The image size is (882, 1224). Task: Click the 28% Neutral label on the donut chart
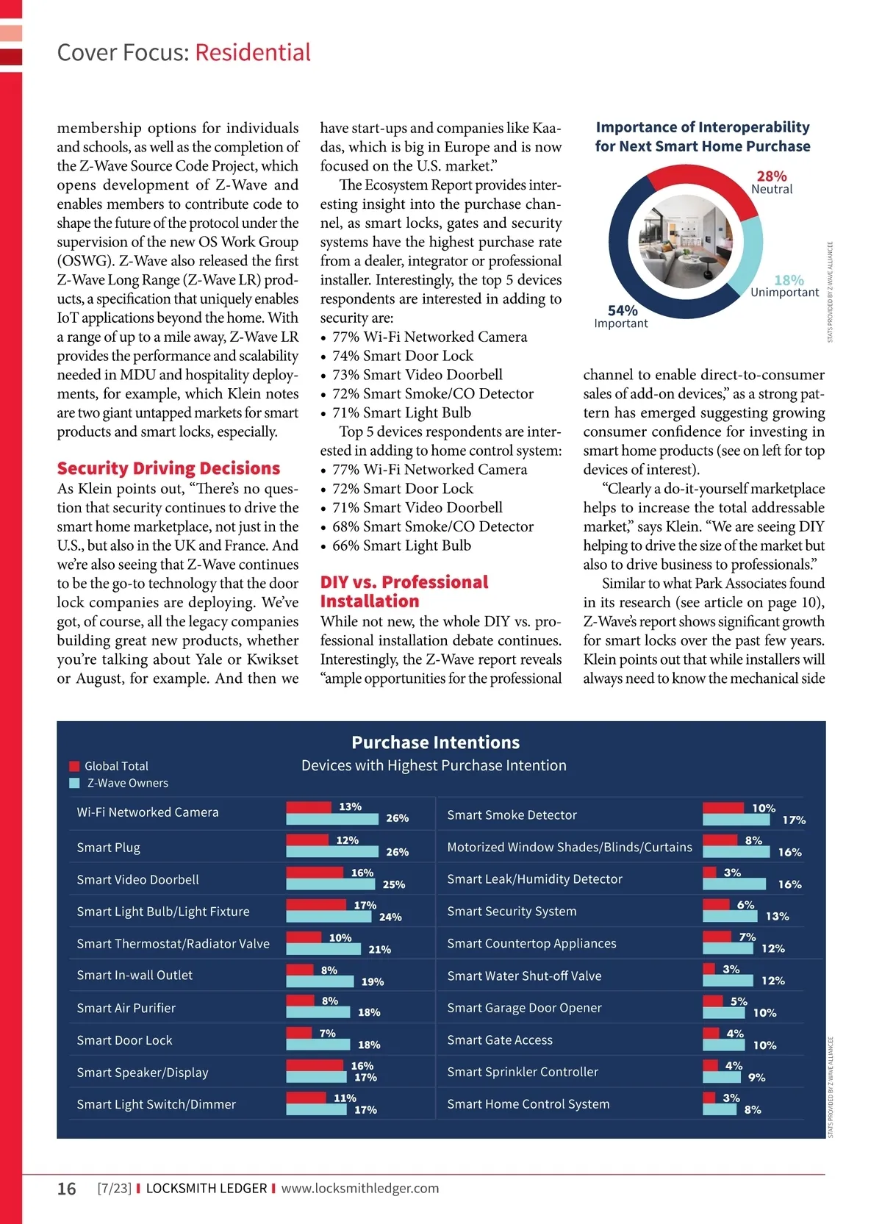click(772, 182)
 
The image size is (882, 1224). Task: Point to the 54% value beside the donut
click(623, 310)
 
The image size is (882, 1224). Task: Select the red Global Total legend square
click(74, 766)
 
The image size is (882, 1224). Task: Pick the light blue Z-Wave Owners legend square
click(74, 783)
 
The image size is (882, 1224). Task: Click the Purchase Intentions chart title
click(435, 742)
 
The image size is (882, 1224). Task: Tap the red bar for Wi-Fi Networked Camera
click(309, 806)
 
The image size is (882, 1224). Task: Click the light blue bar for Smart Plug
click(334, 851)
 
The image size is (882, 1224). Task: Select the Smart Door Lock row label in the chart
click(124, 1040)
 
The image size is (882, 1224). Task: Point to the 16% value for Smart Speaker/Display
click(362, 1065)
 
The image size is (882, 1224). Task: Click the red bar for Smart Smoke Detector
click(724, 808)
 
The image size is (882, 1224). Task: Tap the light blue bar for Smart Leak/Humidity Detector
click(734, 884)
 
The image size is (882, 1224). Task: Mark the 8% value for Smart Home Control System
click(753, 1109)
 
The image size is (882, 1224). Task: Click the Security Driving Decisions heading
click(168, 468)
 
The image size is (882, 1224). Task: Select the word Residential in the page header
click(253, 52)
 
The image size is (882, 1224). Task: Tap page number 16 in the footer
click(67, 1189)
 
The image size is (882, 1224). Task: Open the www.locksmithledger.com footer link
click(360, 1188)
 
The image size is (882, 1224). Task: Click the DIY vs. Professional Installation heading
click(404, 592)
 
